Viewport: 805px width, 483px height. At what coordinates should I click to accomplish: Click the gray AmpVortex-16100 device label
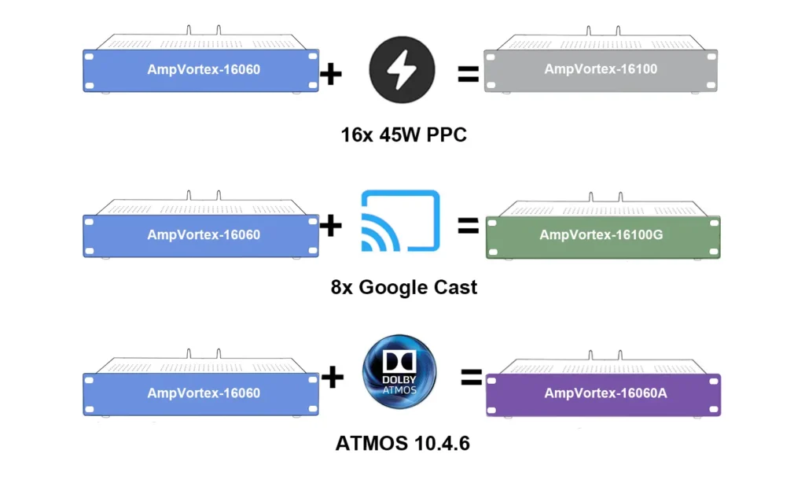click(601, 69)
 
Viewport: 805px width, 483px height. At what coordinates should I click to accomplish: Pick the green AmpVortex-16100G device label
click(601, 234)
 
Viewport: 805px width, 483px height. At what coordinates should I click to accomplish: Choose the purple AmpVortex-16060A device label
click(605, 393)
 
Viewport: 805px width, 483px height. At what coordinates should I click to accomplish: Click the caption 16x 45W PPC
click(404, 135)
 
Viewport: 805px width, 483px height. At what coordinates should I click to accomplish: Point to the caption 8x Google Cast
click(404, 287)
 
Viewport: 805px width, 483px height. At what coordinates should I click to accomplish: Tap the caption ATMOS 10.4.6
click(402, 444)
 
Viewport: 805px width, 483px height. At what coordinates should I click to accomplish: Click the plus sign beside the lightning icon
click(331, 75)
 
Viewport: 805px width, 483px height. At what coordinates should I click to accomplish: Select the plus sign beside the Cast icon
click(331, 226)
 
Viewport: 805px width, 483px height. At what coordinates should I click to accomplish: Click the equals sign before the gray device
click(469, 75)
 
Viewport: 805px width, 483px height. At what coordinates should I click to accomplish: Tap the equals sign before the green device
click(469, 226)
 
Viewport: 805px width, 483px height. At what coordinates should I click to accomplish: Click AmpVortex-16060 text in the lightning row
click(204, 69)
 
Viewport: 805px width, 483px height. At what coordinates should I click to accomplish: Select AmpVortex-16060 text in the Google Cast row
click(204, 234)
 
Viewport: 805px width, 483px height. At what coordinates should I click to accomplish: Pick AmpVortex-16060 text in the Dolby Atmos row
click(204, 393)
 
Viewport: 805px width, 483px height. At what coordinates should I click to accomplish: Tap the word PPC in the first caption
click(447, 135)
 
